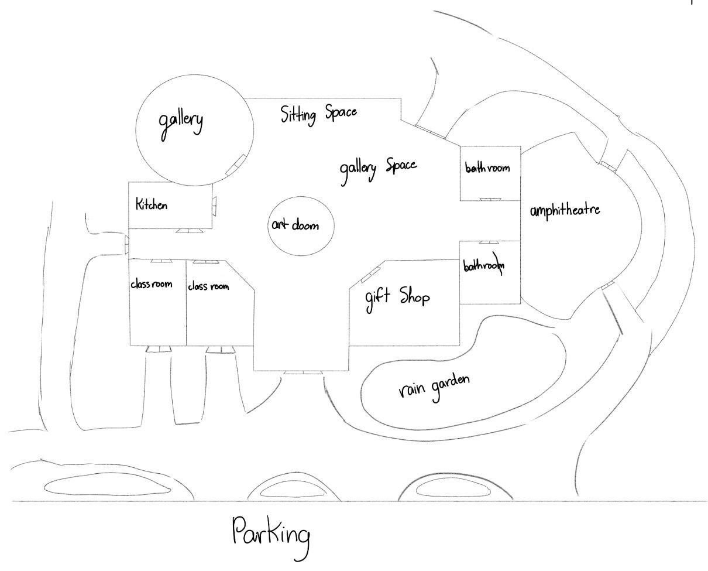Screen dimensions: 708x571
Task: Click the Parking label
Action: pos(270,534)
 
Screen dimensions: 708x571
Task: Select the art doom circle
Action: pos(301,226)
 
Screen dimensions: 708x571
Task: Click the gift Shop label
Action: pos(397,297)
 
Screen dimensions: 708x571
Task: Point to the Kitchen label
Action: pos(152,204)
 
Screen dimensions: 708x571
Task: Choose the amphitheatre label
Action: pos(565,210)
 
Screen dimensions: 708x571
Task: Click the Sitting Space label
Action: pos(318,113)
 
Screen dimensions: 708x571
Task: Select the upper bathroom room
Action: pos(490,173)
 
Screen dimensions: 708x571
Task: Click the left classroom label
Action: pos(151,285)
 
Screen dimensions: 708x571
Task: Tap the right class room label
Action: pos(208,286)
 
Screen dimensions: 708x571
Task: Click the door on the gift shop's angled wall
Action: pos(371,273)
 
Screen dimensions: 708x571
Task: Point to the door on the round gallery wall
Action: pos(236,164)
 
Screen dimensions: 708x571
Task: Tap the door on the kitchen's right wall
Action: pos(214,203)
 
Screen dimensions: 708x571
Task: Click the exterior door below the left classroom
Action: pos(157,349)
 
